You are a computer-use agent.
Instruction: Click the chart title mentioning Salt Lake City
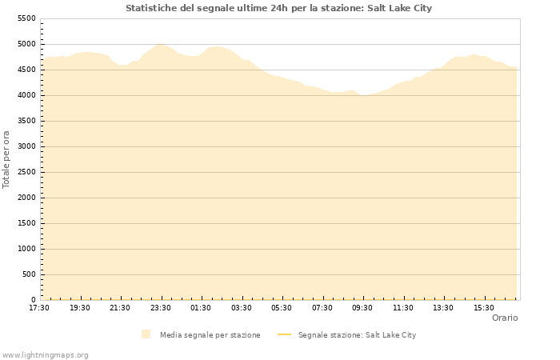tap(278, 8)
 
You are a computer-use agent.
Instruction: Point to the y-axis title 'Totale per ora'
tap(7, 159)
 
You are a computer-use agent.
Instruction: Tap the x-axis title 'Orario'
tap(504, 318)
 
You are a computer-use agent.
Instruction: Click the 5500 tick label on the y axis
tap(26, 18)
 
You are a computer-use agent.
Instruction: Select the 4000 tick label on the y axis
tap(26, 95)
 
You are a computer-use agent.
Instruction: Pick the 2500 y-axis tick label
tap(26, 172)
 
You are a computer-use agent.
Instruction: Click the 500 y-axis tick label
tap(29, 274)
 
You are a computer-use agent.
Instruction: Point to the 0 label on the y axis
tap(33, 300)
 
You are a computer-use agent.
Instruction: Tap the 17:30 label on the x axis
tap(39, 308)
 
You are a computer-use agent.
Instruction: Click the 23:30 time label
tap(161, 308)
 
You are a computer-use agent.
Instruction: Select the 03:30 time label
tap(242, 308)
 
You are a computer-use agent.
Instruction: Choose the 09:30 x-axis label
tap(362, 308)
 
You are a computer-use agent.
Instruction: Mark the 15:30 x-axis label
tap(484, 308)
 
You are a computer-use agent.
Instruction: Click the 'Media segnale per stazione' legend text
tap(210, 335)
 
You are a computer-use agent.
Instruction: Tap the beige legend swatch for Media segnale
tap(146, 334)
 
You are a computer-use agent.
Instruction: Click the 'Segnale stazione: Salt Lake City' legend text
tap(357, 335)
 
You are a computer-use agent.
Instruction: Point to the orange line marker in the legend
tap(284, 335)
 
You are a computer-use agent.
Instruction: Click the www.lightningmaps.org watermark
tap(46, 355)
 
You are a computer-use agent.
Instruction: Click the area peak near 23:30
tap(161, 45)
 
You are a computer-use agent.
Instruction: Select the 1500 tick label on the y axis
tap(26, 223)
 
